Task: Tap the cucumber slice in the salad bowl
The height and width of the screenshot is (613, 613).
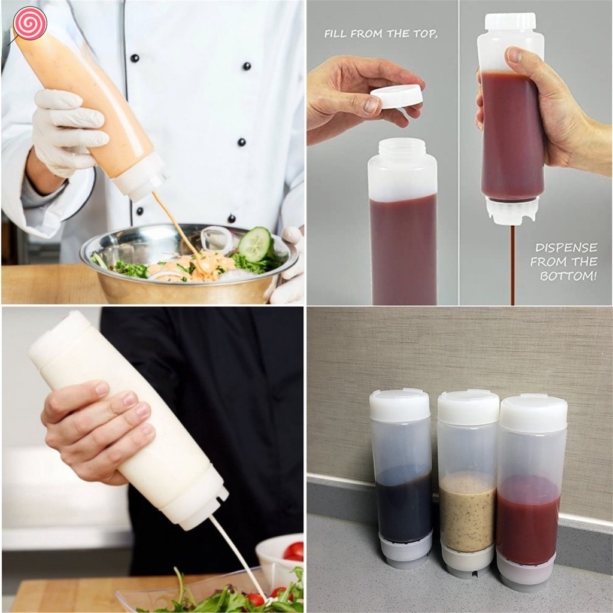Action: click(256, 244)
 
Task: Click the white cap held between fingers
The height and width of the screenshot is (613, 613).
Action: click(396, 96)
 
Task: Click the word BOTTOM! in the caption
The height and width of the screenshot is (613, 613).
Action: click(568, 276)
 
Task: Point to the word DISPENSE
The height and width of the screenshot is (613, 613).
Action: click(566, 247)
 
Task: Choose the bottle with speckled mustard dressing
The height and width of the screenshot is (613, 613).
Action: click(468, 485)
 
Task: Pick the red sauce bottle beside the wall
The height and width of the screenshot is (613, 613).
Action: click(530, 491)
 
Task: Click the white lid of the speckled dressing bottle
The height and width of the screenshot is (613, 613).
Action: click(468, 407)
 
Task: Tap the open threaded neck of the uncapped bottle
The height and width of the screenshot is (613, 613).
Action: click(402, 150)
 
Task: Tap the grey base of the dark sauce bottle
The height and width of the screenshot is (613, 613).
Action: click(405, 551)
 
